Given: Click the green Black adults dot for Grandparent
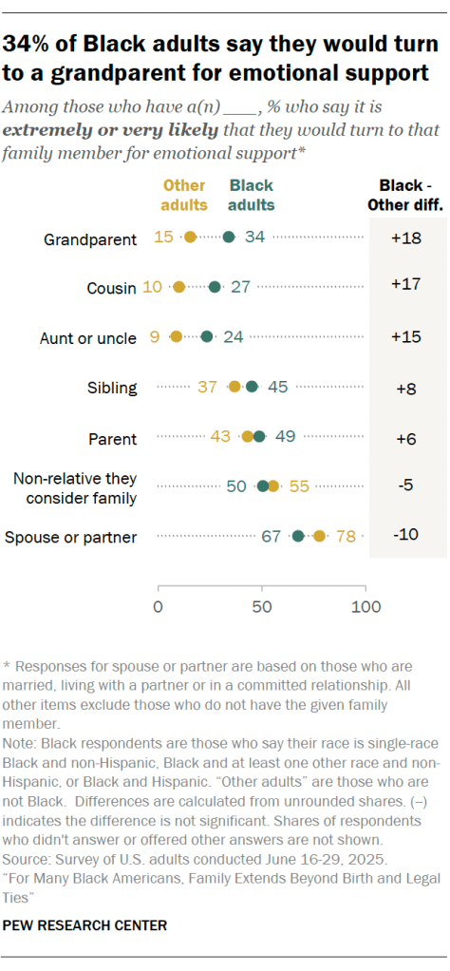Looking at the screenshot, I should [x=229, y=237].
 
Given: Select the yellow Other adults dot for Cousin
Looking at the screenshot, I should [x=178, y=287].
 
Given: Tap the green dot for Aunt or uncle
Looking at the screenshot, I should [x=208, y=336].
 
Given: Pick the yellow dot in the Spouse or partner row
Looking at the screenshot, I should [x=319, y=537].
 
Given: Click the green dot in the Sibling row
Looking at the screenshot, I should [x=252, y=387].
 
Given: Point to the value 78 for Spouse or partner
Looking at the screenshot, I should [x=346, y=537].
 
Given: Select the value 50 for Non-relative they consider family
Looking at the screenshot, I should [x=237, y=486].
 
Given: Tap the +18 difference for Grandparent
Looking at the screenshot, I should [x=406, y=237].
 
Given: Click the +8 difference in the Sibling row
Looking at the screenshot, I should [x=406, y=387].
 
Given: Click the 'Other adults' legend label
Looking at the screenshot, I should [x=184, y=195].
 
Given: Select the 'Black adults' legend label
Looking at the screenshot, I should [x=252, y=195].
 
